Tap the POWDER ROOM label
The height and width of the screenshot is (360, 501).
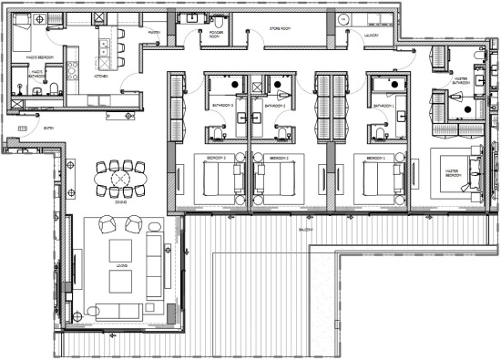point(217,35)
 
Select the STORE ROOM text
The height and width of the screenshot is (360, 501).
point(279,27)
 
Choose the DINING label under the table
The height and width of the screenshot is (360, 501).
point(121,205)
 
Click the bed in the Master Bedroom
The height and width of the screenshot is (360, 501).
point(460,172)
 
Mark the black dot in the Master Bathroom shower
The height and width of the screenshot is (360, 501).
point(467,109)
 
